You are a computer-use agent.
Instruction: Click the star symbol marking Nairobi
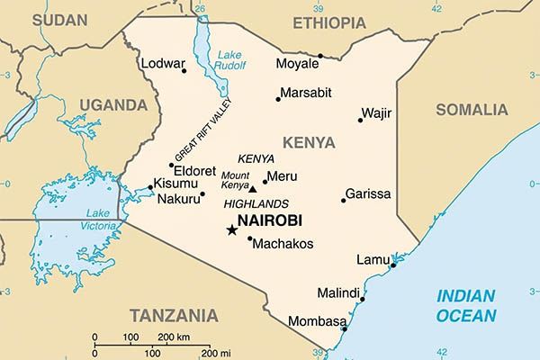231,230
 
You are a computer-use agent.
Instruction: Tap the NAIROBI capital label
269,220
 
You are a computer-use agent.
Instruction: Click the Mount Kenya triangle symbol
252,189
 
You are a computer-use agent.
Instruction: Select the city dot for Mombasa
344,328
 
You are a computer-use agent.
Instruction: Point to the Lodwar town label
163,64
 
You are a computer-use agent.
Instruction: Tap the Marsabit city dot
278,98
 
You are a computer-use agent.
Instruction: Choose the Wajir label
376,113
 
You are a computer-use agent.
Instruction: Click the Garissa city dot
343,200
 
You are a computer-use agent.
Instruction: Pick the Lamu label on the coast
373,259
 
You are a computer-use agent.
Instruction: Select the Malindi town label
338,293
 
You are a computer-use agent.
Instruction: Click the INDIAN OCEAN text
465,306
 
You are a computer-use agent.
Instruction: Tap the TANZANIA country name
173,315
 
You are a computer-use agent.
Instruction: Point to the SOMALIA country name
472,110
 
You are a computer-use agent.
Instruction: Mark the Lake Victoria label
97,219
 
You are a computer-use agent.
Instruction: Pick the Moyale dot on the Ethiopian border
319,56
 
